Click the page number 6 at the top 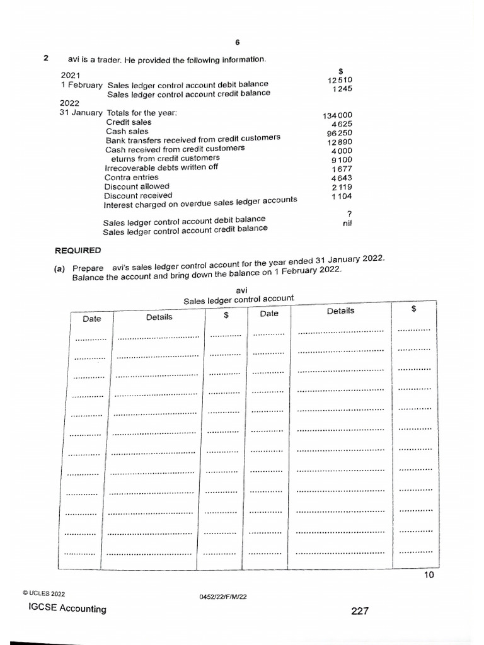pyautogui.click(x=238, y=42)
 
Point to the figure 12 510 pyautogui.click(x=340, y=80)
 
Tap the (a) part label pyautogui.click(x=60, y=269)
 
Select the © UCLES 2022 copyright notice pyautogui.click(x=43, y=593)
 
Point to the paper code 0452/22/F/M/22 pyautogui.click(x=222, y=596)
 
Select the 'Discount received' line pyautogui.click(x=138, y=195)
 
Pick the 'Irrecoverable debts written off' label pyautogui.click(x=161, y=168)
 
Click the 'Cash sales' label pyautogui.click(x=127, y=131)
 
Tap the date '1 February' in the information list pyautogui.click(x=81, y=85)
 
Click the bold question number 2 pyautogui.click(x=46, y=59)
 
